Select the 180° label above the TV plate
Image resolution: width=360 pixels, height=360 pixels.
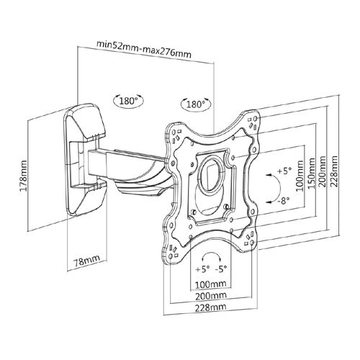point(194,104)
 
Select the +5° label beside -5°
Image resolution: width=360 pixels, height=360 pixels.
point(198,269)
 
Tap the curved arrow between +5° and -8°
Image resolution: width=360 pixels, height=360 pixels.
point(271,188)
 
